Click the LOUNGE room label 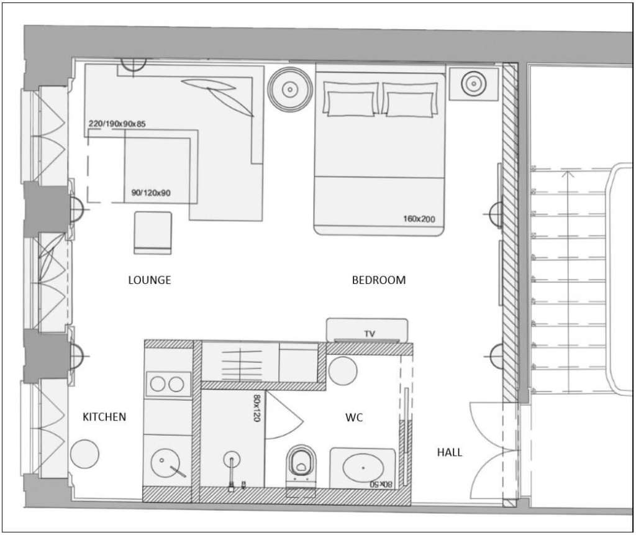click(149, 280)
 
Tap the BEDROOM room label click(379, 280)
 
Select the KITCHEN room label click(104, 417)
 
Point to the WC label click(354, 418)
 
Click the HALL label click(450, 452)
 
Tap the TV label click(370, 334)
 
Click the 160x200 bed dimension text click(419, 219)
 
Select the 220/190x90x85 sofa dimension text click(117, 124)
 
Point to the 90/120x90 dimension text click(151, 193)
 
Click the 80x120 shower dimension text click(257, 408)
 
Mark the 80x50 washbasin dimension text click(381, 484)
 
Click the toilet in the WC click(301, 467)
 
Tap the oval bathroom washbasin click(363, 468)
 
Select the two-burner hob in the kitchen click(167, 384)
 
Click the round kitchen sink click(165, 463)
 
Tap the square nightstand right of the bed click(473, 84)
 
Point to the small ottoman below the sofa click(153, 233)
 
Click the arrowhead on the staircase click(569, 174)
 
